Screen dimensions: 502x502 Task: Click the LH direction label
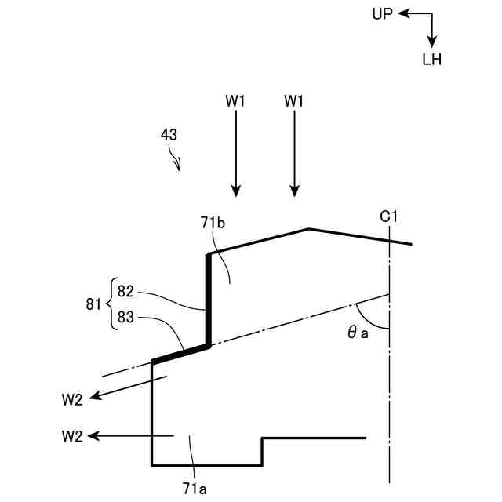pos(431,60)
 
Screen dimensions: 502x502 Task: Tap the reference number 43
pos(169,134)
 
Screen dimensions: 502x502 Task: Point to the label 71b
pos(213,224)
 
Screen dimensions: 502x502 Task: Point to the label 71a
pos(195,488)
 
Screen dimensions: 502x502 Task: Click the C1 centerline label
pos(390,215)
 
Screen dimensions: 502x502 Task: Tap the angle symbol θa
pos(358,332)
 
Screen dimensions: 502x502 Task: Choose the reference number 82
pos(125,291)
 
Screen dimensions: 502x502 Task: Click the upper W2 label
pos(72,399)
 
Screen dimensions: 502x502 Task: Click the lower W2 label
pos(72,436)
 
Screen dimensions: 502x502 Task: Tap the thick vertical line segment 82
pos(209,298)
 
